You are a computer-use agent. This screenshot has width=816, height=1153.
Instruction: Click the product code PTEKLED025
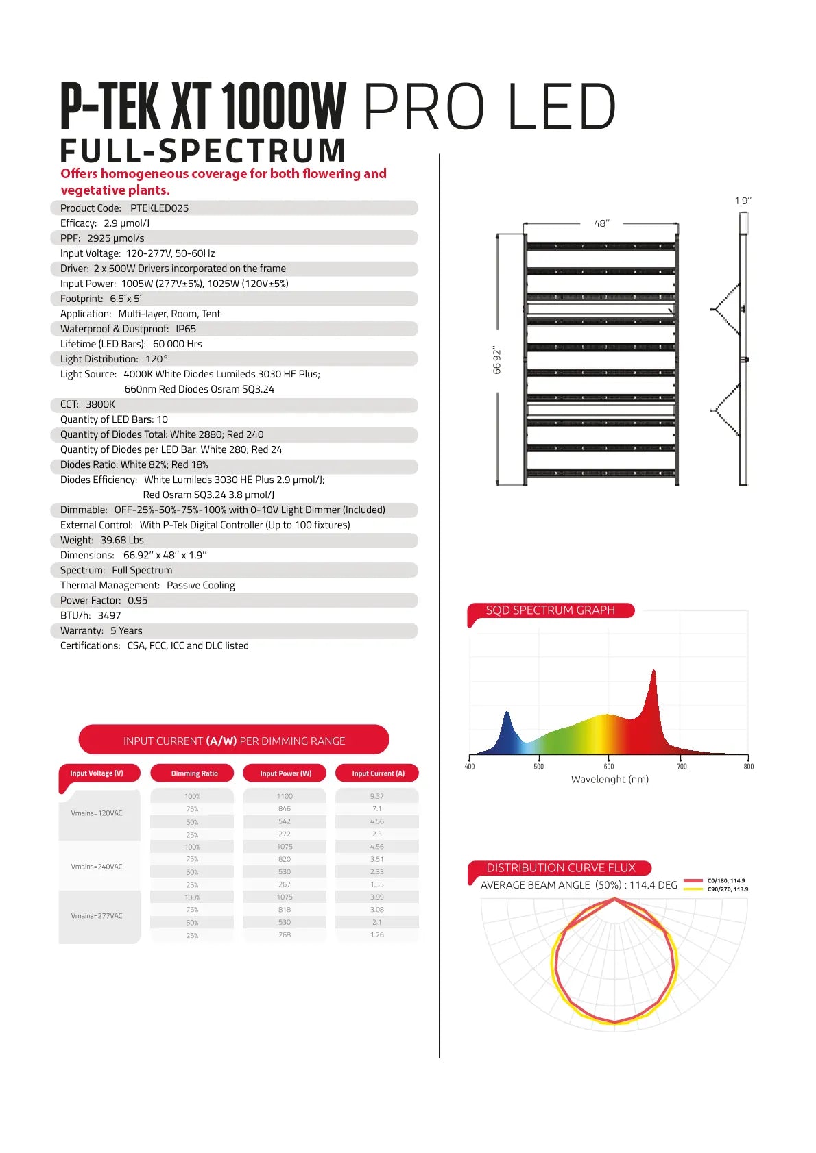point(159,208)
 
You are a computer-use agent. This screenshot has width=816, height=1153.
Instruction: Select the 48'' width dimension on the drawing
point(601,223)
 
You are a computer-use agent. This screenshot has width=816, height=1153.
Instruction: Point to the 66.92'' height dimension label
point(497,360)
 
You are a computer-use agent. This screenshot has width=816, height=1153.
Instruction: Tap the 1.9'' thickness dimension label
point(743,201)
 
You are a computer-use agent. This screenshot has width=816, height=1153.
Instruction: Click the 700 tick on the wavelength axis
point(682,766)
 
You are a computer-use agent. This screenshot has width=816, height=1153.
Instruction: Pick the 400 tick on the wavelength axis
point(470,766)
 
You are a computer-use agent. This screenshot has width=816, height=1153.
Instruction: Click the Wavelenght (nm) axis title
point(610,779)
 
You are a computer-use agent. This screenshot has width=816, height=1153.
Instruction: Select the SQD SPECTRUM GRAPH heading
point(550,610)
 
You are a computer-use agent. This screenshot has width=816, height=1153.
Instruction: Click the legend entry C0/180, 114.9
point(725,881)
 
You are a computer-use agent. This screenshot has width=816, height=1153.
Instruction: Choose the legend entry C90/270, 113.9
point(727,889)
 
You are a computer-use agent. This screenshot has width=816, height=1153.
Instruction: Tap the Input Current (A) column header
point(378,773)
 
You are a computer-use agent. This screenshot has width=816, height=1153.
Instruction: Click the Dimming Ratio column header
point(194,773)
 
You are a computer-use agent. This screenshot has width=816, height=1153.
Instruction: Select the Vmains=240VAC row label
point(97,867)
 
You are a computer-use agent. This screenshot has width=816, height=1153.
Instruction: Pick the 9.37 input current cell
point(377,796)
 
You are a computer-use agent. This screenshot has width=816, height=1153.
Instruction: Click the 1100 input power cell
point(285,796)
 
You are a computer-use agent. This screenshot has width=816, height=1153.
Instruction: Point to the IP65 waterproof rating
point(186,329)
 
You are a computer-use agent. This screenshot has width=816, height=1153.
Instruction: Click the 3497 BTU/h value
point(109,616)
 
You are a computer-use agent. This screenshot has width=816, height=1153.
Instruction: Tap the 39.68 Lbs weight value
point(122,541)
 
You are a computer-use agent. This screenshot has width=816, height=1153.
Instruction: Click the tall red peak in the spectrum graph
point(653,675)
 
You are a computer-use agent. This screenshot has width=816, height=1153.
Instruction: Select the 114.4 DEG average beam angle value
point(653,885)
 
